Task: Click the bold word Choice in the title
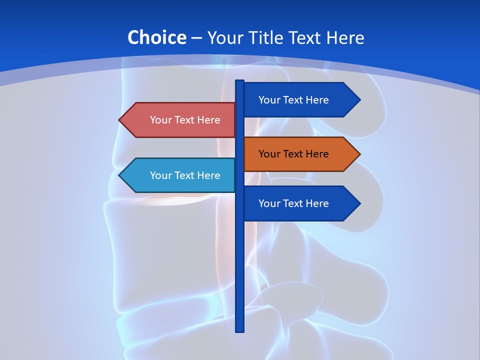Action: [x=156, y=37]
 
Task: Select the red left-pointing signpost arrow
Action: [x=177, y=120]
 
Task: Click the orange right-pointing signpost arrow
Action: [x=300, y=154]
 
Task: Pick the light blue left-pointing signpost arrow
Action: [x=177, y=175]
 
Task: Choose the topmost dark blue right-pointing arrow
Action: [x=300, y=100]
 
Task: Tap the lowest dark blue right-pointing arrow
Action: [x=300, y=203]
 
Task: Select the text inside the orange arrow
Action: [x=293, y=154]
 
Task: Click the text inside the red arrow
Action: [x=185, y=120]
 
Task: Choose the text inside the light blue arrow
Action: [x=185, y=175]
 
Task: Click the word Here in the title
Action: [x=345, y=37]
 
